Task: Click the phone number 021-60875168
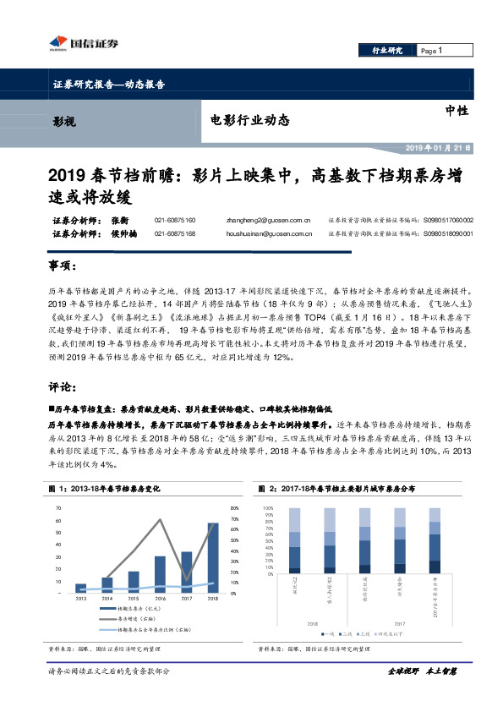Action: tap(175, 233)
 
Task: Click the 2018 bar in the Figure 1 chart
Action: tap(212, 556)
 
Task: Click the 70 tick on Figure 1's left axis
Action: tap(58, 508)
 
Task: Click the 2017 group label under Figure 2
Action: tap(399, 624)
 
